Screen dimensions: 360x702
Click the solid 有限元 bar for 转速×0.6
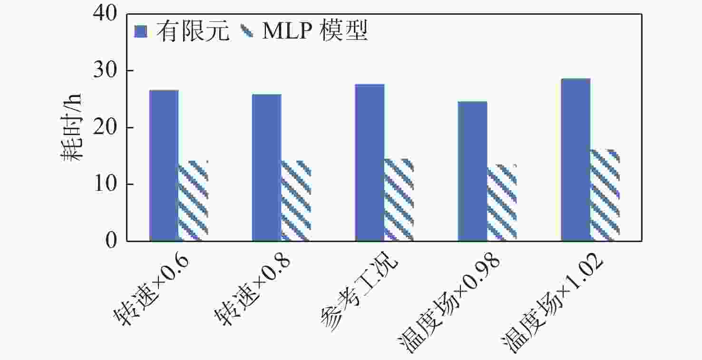click(164, 165)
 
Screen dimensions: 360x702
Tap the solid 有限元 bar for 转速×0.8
click(266, 167)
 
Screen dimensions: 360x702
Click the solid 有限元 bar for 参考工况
click(370, 163)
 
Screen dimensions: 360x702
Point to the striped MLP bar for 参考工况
click(399, 200)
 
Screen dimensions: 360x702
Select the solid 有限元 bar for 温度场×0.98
click(472, 171)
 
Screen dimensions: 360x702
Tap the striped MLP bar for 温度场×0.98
click(502, 203)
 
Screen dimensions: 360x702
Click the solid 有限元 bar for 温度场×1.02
click(575, 160)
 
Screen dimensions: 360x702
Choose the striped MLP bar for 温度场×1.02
click(605, 195)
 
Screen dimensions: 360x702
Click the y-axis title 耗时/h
click(71, 127)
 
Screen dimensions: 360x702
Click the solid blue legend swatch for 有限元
click(141, 31)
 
